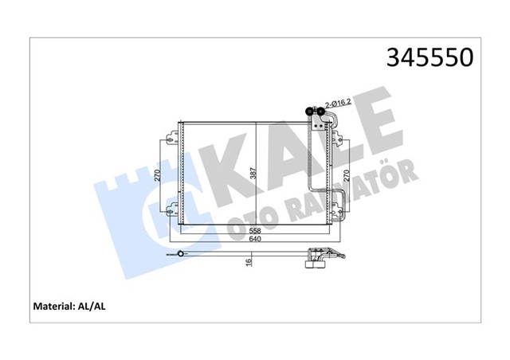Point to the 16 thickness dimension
pos(249,261)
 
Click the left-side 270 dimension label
pos(159,175)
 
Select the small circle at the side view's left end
pos(181,254)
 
